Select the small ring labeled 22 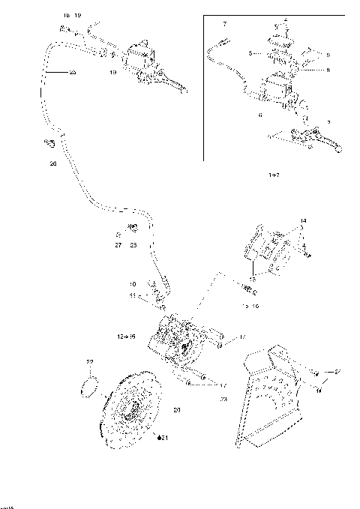click(x=89, y=387)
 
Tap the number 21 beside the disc click(x=163, y=438)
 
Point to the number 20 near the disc click(x=177, y=409)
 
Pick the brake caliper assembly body click(x=175, y=345)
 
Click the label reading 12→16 click(x=125, y=337)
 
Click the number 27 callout click(x=118, y=244)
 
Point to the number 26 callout click(x=52, y=163)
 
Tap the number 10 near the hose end click(x=133, y=284)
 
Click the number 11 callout click(x=133, y=297)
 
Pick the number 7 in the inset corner click(x=224, y=25)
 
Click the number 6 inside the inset click(x=259, y=115)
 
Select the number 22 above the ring click(x=90, y=362)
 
